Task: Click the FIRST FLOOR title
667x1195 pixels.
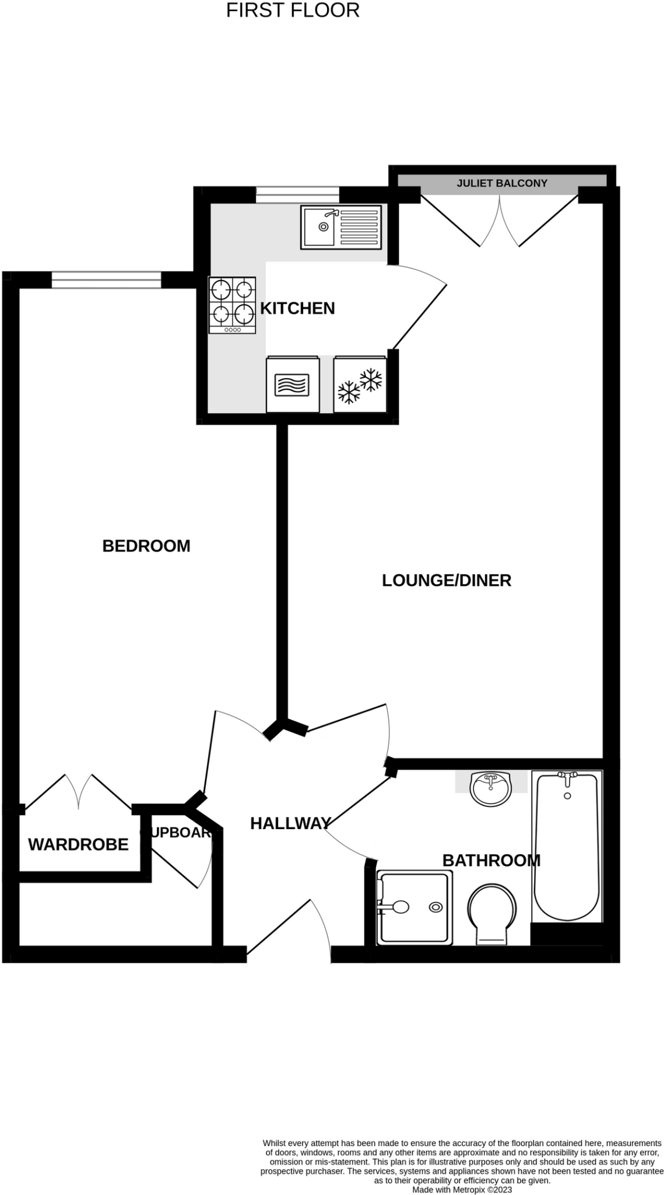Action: click(x=293, y=11)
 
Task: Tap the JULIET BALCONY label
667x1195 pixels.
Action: click(x=501, y=183)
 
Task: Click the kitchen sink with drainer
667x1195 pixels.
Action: click(x=341, y=226)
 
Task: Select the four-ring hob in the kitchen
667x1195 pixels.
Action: click(x=232, y=305)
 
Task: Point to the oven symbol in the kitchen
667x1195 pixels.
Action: click(x=292, y=385)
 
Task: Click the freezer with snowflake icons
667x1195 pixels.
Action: click(x=360, y=385)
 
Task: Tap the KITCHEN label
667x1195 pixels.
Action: click(x=297, y=308)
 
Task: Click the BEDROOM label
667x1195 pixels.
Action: click(x=146, y=546)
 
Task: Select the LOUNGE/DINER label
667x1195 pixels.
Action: click(x=447, y=580)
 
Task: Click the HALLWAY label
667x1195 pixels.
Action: click(x=290, y=823)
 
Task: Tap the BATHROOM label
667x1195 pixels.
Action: click(x=491, y=860)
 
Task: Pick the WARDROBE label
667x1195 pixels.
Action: click(x=78, y=844)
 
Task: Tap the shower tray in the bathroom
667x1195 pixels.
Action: click(x=415, y=907)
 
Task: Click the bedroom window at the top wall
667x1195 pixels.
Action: click(x=106, y=280)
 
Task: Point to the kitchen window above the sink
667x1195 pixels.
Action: click(x=297, y=194)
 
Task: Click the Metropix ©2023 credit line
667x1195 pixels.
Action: click(x=462, y=1189)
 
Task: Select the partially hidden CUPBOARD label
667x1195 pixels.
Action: click(x=175, y=833)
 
